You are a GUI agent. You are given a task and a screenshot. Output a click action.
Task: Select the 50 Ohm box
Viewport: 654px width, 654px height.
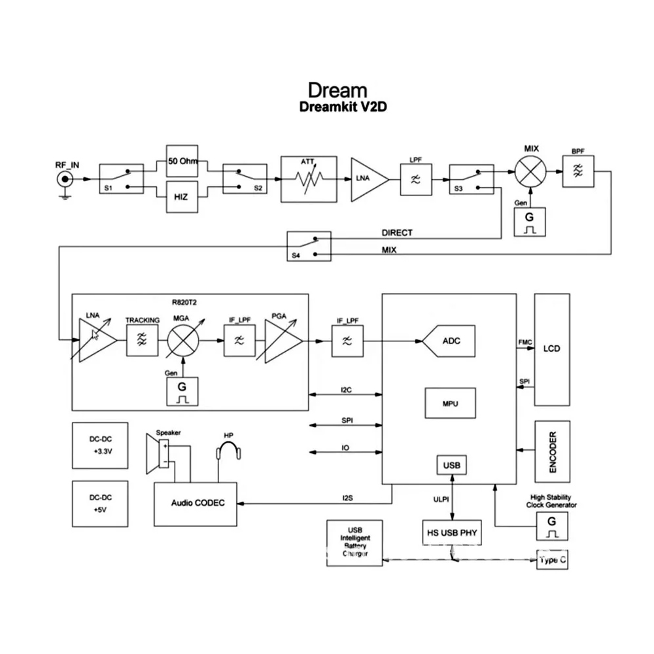181,162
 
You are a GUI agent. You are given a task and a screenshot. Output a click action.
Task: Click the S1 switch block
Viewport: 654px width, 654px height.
121,179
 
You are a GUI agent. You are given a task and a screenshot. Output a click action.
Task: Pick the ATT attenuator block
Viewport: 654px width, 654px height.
309,179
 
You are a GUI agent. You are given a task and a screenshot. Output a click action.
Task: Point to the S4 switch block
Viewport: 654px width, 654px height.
309,247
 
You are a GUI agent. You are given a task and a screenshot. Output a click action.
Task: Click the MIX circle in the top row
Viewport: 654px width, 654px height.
531,171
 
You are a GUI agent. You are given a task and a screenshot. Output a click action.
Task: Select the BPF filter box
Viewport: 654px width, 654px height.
578,171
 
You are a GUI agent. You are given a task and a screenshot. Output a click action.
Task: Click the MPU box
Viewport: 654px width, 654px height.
449,404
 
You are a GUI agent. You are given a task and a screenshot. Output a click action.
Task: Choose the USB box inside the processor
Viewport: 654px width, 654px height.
451,465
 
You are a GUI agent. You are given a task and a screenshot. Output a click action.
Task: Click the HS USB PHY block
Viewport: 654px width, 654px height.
451,532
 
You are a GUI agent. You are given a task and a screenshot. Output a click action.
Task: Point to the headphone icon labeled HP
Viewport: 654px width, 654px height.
229,452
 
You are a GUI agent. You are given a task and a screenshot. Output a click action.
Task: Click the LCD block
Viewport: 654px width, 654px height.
552,349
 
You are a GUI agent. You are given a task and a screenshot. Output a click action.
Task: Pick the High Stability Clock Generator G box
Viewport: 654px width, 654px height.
552,526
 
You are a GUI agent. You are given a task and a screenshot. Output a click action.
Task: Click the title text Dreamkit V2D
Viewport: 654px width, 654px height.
343,107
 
